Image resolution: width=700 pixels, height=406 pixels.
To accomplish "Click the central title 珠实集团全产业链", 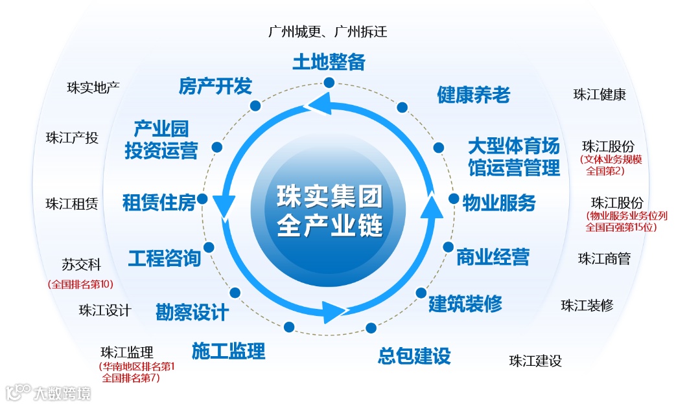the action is [330, 210].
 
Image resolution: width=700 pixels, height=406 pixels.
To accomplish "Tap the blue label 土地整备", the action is [329, 62].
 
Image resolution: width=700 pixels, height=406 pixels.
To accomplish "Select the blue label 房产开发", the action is [215, 86].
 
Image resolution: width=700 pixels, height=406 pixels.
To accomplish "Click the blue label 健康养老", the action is [474, 95].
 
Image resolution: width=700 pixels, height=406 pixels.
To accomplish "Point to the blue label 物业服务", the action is [499, 203].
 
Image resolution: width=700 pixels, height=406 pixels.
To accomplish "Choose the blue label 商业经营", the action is [493, 256].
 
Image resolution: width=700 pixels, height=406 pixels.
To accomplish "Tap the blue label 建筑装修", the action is [465, 304].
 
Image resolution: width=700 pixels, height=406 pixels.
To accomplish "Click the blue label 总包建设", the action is [414, 355].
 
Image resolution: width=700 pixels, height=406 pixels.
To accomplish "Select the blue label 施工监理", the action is [229, 351].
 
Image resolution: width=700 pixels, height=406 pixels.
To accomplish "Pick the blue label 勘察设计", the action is [192, 312].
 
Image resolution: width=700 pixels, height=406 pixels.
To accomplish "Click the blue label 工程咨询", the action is [165, 258].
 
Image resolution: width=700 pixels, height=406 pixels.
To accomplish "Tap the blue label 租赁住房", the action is [159, 203].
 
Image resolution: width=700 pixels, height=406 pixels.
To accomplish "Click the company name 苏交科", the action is [82, 265].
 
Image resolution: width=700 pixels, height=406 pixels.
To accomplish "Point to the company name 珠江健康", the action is [600, 95].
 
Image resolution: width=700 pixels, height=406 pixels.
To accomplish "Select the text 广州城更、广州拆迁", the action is [328, 31].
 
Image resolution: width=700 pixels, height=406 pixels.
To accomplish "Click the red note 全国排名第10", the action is [80, 284].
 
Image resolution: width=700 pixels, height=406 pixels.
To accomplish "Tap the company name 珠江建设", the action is [535, 361].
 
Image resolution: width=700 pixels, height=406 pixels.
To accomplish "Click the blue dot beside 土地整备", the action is [329, 82].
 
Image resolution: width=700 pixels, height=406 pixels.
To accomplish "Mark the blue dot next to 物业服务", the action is [454, 199].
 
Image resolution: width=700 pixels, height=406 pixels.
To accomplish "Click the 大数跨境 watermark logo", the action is [48, 392].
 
